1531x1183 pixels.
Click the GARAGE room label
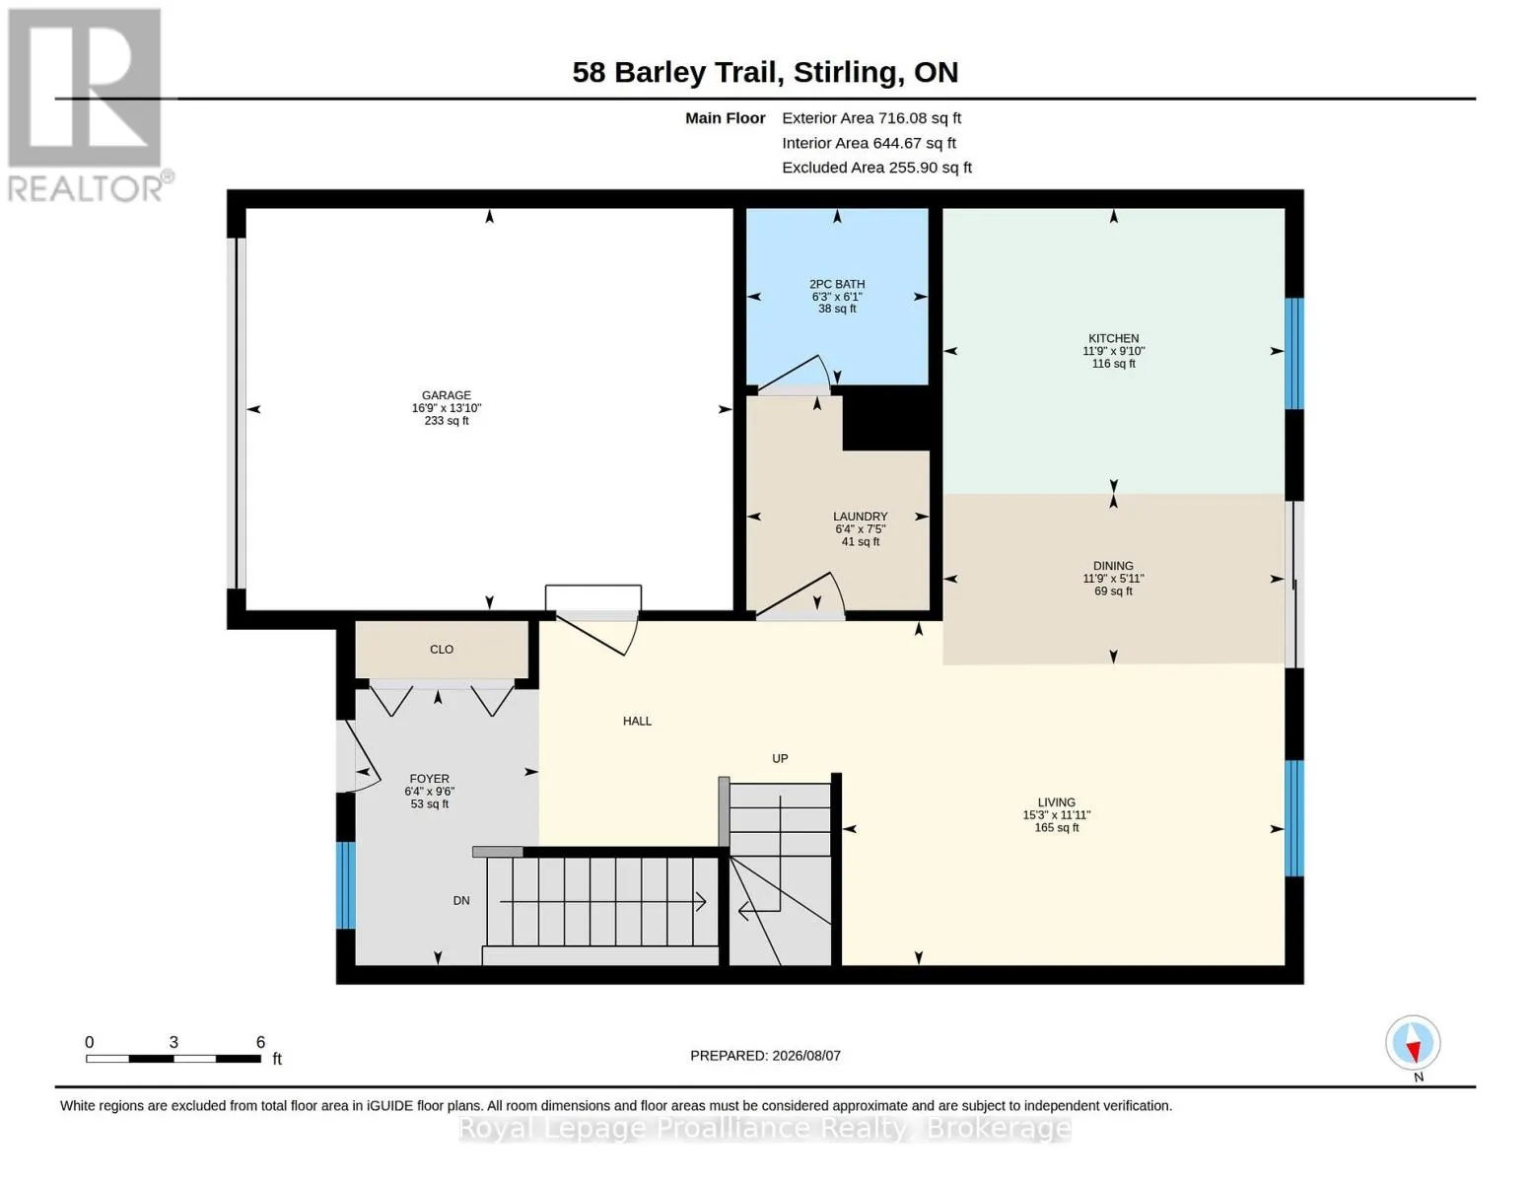446,395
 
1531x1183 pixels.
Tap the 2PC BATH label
836,284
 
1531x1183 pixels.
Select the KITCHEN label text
1113,338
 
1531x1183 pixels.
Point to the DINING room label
1113,566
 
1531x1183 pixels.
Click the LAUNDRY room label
860,517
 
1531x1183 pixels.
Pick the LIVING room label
1056,801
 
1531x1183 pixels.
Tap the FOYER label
429,779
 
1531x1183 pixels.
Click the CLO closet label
442,649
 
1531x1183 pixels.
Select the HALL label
637,721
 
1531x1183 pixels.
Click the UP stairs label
779,758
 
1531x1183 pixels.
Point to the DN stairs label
460,900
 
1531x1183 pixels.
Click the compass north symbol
1413,1043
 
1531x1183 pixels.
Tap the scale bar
174,1058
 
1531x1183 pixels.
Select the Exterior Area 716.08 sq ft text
870,118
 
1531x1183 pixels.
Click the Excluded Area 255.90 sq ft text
876,168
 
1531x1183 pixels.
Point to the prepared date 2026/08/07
806,1056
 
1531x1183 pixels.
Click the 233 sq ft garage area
446,421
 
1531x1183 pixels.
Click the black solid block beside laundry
887,419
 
